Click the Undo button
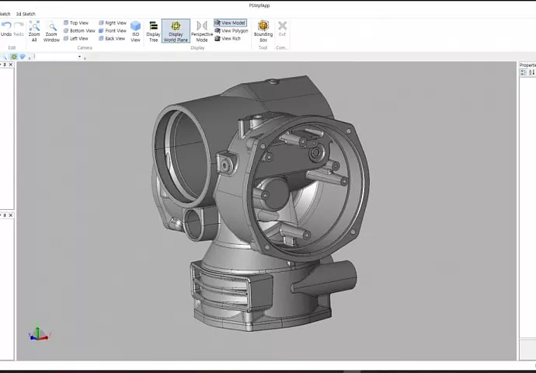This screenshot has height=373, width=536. [x=6, y=29]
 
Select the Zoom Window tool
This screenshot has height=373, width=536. [x=51, y=30]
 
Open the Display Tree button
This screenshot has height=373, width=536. [x=153, y=30]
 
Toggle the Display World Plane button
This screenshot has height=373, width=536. [x=176, y=30]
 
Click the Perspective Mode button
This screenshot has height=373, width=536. [x=202, y=30]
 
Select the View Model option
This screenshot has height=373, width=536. [x=230, y=23]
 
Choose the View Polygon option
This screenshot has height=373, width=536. [x=231, y=30]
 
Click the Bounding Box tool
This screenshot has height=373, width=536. [x=263, y=30]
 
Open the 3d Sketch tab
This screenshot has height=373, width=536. [x=26, y=14]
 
